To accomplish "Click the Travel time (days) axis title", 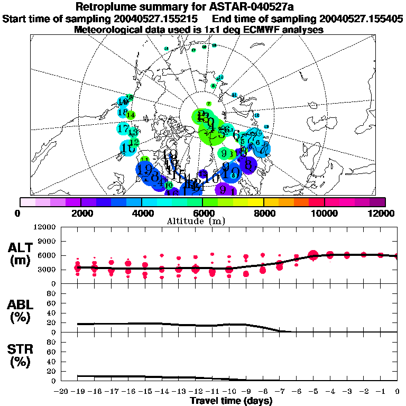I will (x=231, y=401).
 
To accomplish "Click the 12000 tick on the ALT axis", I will (x=45, y=227).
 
